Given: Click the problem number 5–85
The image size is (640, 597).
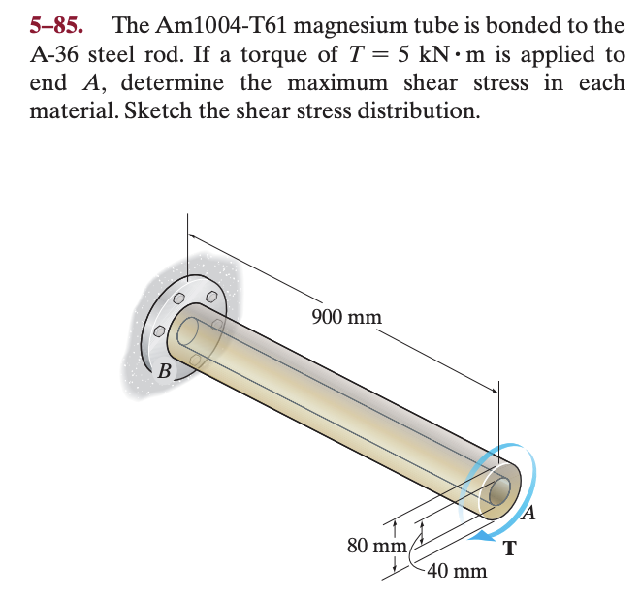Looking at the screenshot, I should [x=55, y=23].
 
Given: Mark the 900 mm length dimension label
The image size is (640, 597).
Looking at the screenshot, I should [x=346, y=317].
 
